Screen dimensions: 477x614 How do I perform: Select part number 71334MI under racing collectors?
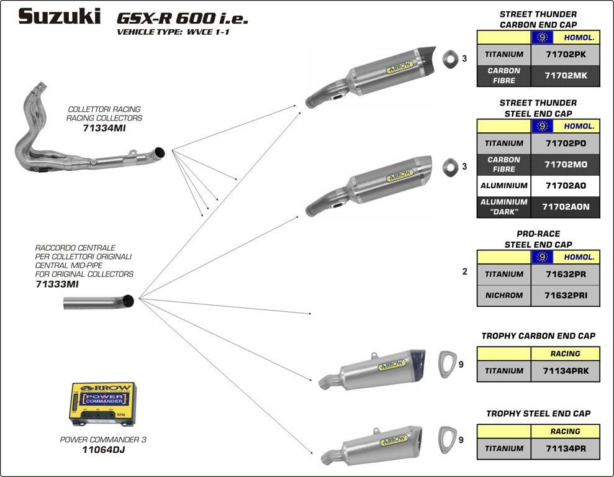[x=104, y=129]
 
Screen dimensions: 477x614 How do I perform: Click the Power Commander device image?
[x=102, y=404]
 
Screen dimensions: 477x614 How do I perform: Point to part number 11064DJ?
[x=103, y=450]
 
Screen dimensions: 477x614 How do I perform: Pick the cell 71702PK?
[x=565, y=54]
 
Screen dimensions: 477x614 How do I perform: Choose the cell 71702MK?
[x=565, y=76]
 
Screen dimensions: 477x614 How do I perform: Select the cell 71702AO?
[x=565, y=186]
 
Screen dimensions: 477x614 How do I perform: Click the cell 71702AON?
[x=565, y=207]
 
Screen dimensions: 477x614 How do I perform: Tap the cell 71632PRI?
[x=565, y=295]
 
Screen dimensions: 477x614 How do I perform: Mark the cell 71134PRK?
[x=565, y=371]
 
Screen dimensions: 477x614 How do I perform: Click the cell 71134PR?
[x=565, y=448]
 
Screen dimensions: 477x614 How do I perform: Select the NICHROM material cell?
[x=504, y=295]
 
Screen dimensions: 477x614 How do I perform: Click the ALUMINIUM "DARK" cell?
[x=504, y=207]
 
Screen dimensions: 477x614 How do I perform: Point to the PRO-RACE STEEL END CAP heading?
[x=538, y=239]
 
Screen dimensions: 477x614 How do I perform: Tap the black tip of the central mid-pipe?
[x=129, y=301]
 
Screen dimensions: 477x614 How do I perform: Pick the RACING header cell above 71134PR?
[x=565, y=431]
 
